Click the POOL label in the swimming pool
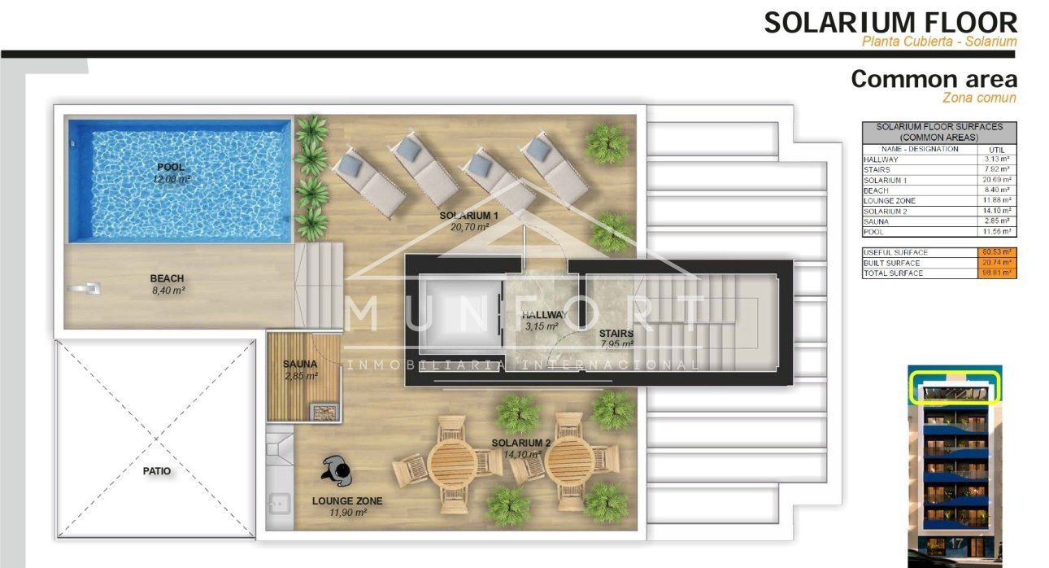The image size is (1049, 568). pos(172,167)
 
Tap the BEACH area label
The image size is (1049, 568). pos(167,278)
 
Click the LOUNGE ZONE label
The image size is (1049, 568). pos(346,501)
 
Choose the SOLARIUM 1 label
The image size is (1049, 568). pos(468,216)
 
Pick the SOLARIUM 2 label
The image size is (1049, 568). pos(521,443)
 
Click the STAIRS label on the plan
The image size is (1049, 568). pos(616,333)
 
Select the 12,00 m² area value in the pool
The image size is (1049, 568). pos(172,178)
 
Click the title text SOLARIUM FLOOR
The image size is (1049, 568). pos(890,22)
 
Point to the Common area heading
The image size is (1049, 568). pos(934,79)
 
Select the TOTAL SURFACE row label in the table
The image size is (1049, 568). pos(893,273)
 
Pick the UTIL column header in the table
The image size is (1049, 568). pos(995,149)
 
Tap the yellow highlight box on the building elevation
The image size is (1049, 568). pos(955,386)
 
